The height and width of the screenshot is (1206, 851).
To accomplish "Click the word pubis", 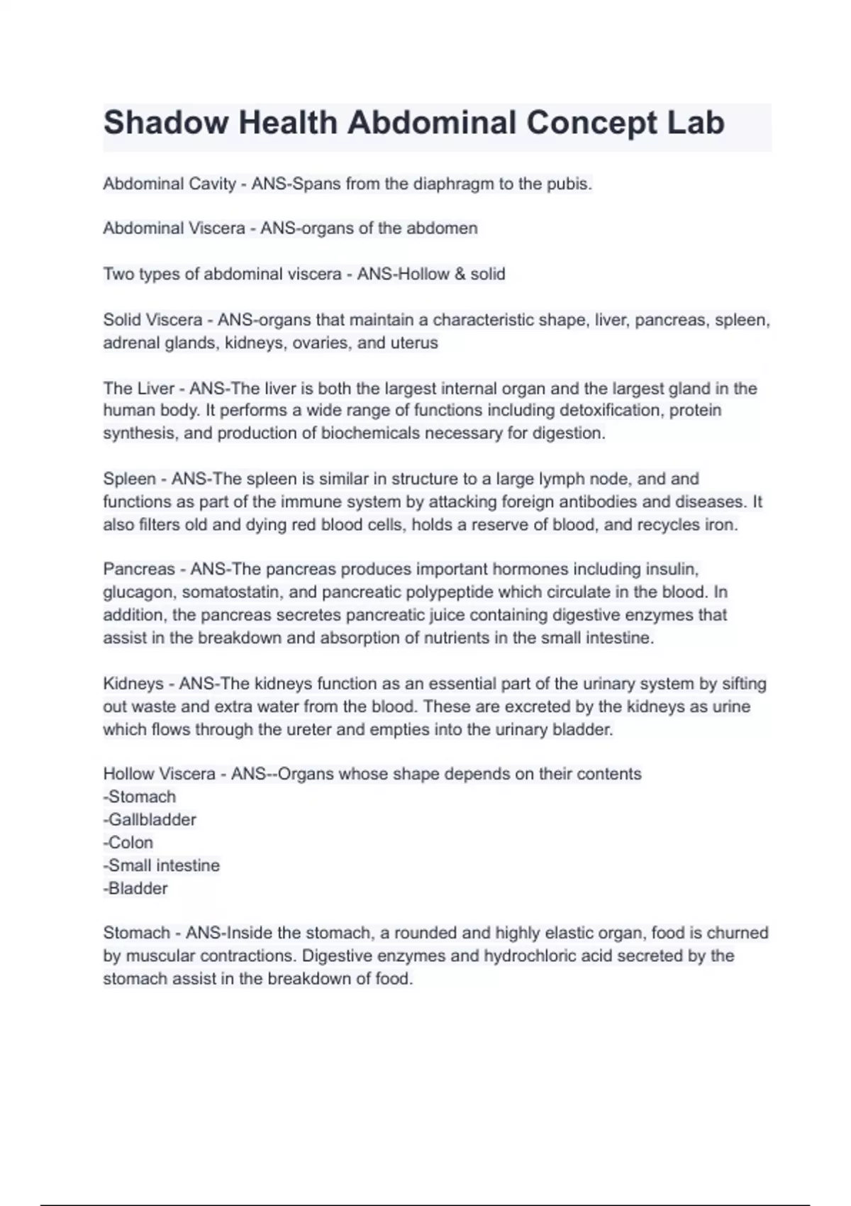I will click(569, 184).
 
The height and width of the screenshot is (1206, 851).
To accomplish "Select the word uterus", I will click(414, 343).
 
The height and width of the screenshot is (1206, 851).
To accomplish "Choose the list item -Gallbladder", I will click(150, 819).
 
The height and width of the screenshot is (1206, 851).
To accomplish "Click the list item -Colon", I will click(128, 842).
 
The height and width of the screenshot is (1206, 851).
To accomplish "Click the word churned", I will click(738, 933).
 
